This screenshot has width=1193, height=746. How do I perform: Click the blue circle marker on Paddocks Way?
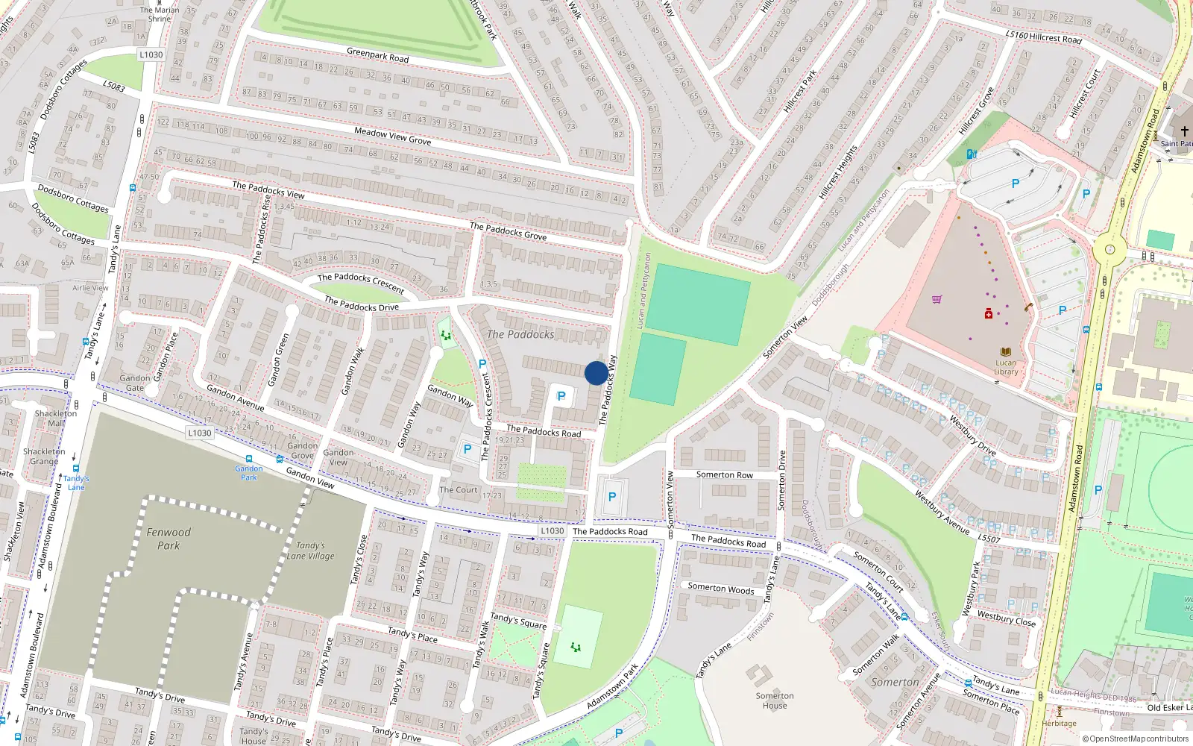(596, 373)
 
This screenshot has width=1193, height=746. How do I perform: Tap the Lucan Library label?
(1006, 367)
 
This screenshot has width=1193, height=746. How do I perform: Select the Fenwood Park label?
(169, 539)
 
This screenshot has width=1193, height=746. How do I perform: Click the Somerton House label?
(775, 700)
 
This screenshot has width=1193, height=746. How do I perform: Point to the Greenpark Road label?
(377, 55)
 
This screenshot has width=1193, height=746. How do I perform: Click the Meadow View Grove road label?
(392, 136)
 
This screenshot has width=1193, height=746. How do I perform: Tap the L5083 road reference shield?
(113, 87)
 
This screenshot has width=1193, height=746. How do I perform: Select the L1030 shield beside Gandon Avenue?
(199, 433)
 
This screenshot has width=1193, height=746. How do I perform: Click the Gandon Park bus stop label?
(248, 473)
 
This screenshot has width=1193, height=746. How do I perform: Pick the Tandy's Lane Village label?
(311, 551)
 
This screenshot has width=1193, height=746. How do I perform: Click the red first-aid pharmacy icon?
(989, 314)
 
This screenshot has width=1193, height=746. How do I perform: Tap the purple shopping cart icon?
(937, 299)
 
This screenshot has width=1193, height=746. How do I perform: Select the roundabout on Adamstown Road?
(1109, 250)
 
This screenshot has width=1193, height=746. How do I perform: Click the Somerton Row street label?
(724, 474)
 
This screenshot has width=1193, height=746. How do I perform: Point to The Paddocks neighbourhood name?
(520, 334)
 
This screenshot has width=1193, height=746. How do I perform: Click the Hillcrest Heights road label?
(838, 173)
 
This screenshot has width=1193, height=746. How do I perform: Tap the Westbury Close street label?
(1006, 618)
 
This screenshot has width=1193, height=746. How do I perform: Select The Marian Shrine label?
(160, 14)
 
